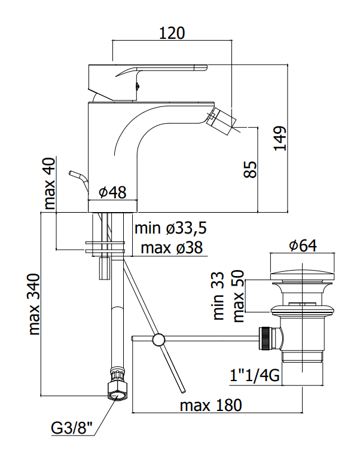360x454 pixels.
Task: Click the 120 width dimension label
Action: pyautogui.click(x=172, y=33)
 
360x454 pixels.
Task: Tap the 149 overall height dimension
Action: pyautogui.click(x=280, y=138)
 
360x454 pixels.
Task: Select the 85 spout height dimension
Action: pyautogui.click(x=250, y=170)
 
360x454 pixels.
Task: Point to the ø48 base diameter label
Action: pyautogui.click(x=113, y=192)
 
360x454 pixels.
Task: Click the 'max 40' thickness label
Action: pyautogui.click(x=49, y=183)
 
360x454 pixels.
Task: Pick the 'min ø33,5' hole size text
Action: pyautogui.click(x=170, y=228)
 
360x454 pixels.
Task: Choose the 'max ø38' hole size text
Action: pyautogui.click(x=172, y=248)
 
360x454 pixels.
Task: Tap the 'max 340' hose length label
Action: pyautogui.click(x=34, y=304)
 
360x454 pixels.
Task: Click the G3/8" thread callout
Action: pyautogui.click(x=72, y=428)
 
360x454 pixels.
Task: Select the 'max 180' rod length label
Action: pyautogui.click(x=210, y=405)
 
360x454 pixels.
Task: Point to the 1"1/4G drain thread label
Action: pyautogui.click(x=255, y=376)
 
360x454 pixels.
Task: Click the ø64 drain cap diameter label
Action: pyautogui.click(x=303, y=246)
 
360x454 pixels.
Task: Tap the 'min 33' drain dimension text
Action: pyautogui.click(x=218, y=296)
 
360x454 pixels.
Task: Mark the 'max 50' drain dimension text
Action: pyautogui.click(x=238, y=296)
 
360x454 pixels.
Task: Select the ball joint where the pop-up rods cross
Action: pyautogui.click(x=159, y=339)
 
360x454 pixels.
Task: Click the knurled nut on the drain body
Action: pyautogui.click(x=266, y=339)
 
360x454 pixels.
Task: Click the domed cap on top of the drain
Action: pyautogui.click(x=302, y=275)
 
